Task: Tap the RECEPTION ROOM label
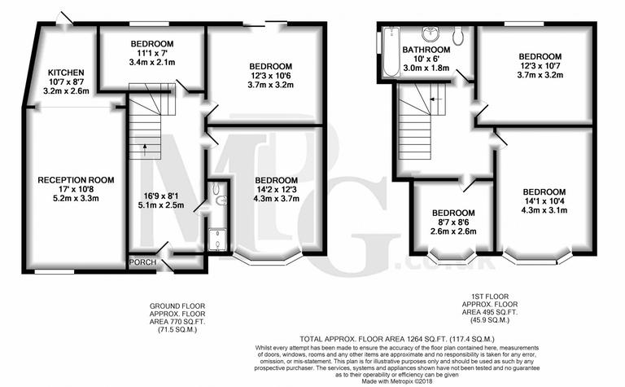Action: (76, 179)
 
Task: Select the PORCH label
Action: (143, 262)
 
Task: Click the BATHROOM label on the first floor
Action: (421, 50)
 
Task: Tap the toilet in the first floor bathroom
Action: (458, 35)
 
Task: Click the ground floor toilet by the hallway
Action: (216, 194)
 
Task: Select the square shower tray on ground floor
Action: (217, 238)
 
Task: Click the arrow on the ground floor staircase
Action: (145, 148)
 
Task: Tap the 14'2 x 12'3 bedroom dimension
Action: (277, 189)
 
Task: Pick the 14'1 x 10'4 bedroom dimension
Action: (544, 201)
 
